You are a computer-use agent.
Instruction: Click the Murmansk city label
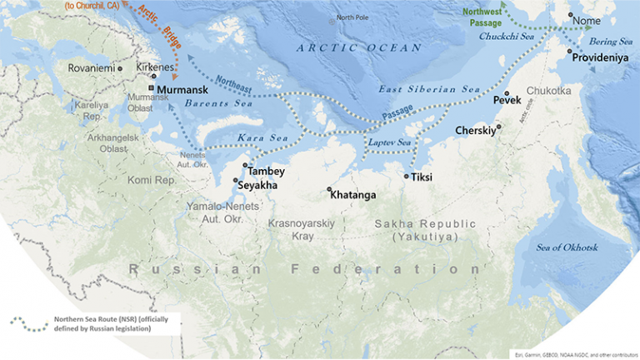point(182,87)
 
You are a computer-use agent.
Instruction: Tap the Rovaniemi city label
point(91,68)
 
